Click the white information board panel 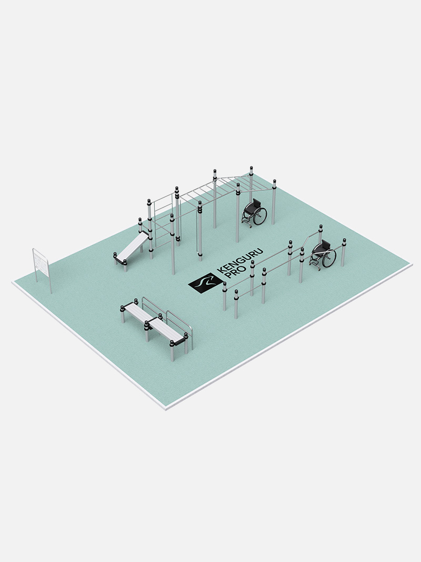point(41,263)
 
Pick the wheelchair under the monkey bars point(255,212)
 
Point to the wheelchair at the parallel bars point(323,254)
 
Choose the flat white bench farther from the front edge point(139,311)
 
